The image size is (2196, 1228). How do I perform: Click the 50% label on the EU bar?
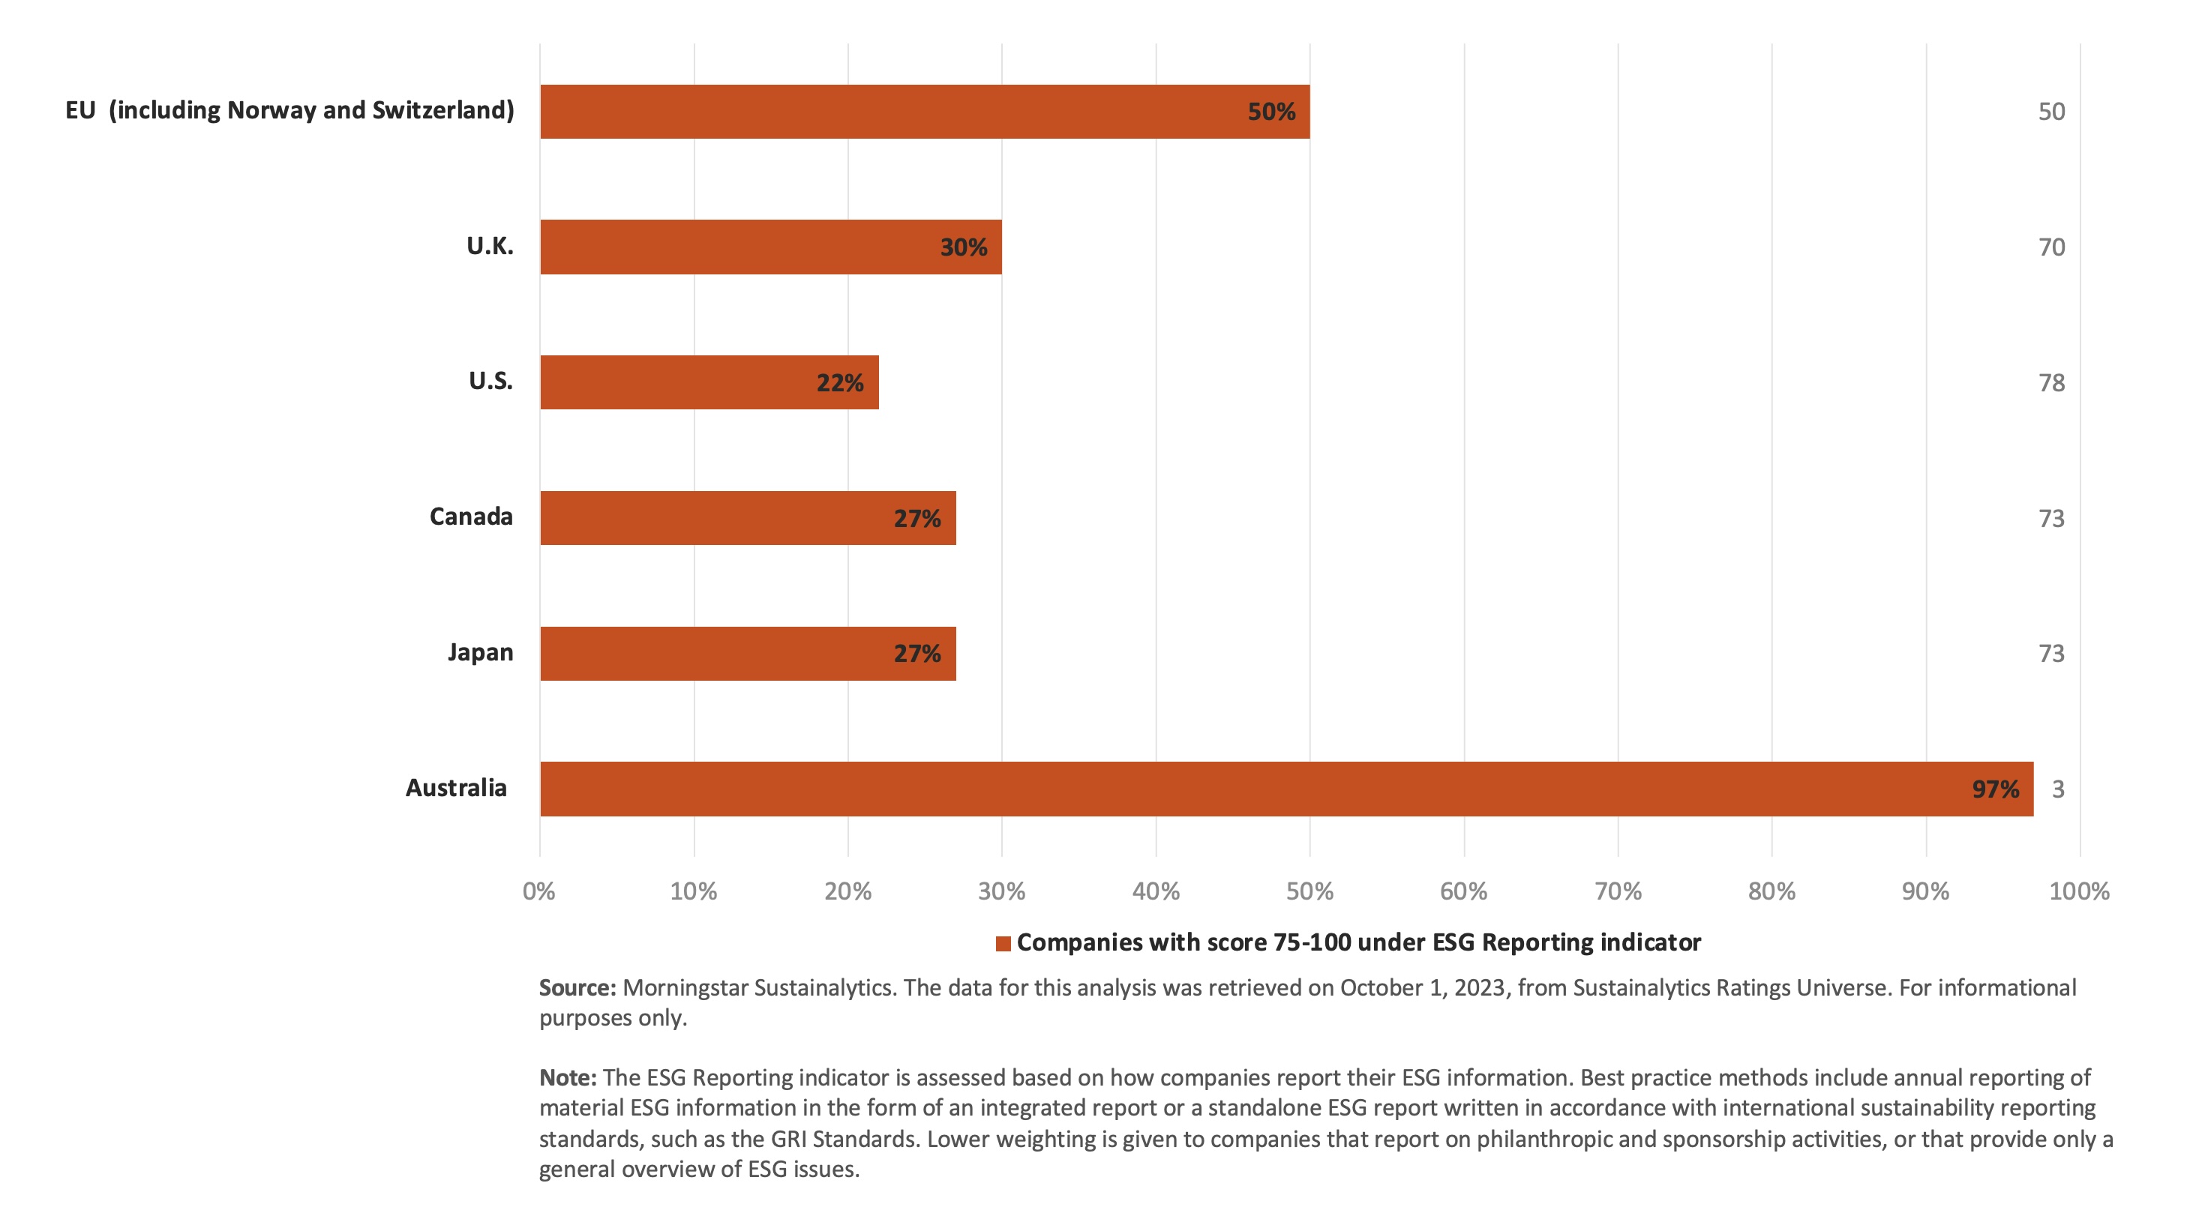pyautogui.click(x=1270, y=112)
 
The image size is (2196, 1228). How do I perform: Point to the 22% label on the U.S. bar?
pyautogui.click(x=840, y=382)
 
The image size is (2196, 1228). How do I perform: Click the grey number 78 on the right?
pyautogui.click(x=2051, y=382)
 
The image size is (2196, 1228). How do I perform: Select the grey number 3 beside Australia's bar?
pyautogui.click(x=2057, y=789)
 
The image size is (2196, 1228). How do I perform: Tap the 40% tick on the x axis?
pyautogui.click(x=1155, y=891)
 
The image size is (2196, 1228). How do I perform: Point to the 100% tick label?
pyautogui.click(x=2078, y=891)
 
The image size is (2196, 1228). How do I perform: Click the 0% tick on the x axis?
pyautogui.click(x=538, y=891)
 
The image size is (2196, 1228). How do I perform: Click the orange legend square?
pyautogui.click(x=1003, y=943)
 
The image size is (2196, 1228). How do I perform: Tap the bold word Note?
pyautogui.click(x=568, y=1077)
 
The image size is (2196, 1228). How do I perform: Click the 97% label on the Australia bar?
pyautogui.click(x=1995, y=789)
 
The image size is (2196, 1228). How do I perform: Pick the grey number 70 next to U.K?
pyautogui.click(x=2051, y=247)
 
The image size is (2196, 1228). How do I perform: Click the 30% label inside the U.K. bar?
pyautogui.click(x=963, y=247)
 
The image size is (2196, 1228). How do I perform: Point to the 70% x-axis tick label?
pyautogui.click(x=1617, y=891)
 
